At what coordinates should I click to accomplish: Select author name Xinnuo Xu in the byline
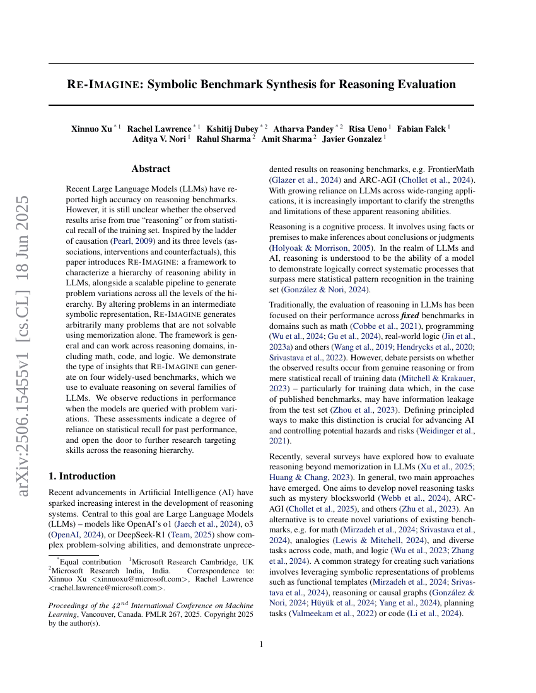point(92,129)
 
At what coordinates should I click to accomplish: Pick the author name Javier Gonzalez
point(352,139)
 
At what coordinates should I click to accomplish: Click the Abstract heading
point(151,169)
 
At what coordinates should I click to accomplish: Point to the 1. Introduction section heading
point(82,476)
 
